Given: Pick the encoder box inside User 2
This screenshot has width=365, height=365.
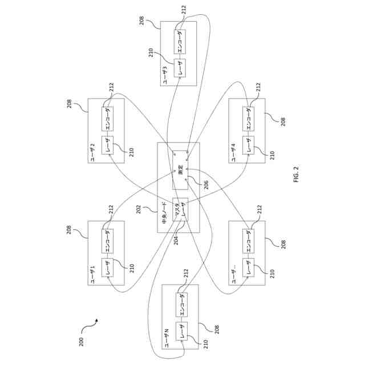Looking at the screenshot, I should pos(106,117).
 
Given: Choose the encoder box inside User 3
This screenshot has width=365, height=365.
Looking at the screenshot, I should pos(180,40).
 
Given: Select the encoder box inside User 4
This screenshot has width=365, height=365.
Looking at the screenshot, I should pos(249,117).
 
